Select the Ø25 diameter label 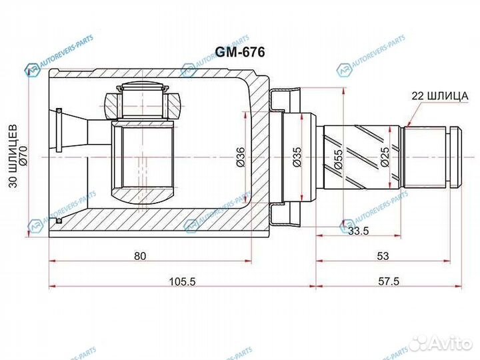coord(385,157)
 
